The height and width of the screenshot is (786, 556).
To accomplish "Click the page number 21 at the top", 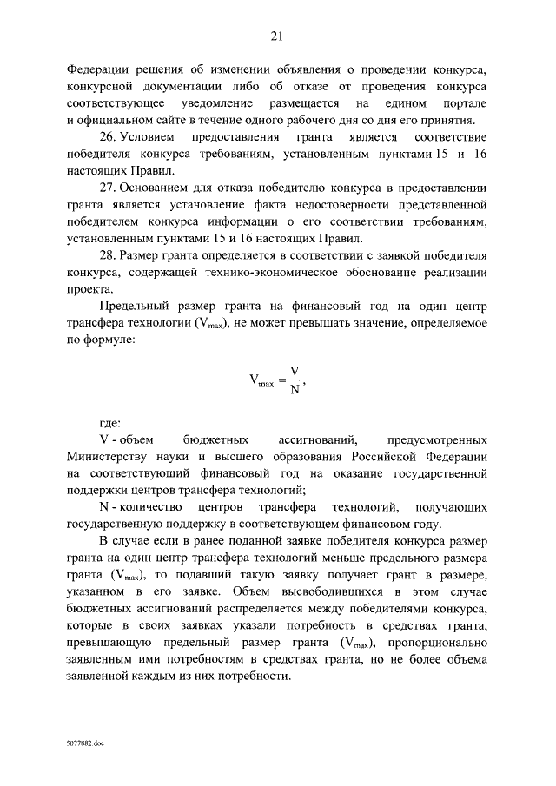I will (x=277, y=36).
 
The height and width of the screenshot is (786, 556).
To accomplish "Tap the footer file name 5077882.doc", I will (x=85, y=745).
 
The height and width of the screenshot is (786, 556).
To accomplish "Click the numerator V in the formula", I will (x=295, y=371).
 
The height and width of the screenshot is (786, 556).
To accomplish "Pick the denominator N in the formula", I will (x=295, y=389).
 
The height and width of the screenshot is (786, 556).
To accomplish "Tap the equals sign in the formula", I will (x=281, y=380).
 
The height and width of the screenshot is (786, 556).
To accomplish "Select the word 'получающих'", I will (x=453, y=507).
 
